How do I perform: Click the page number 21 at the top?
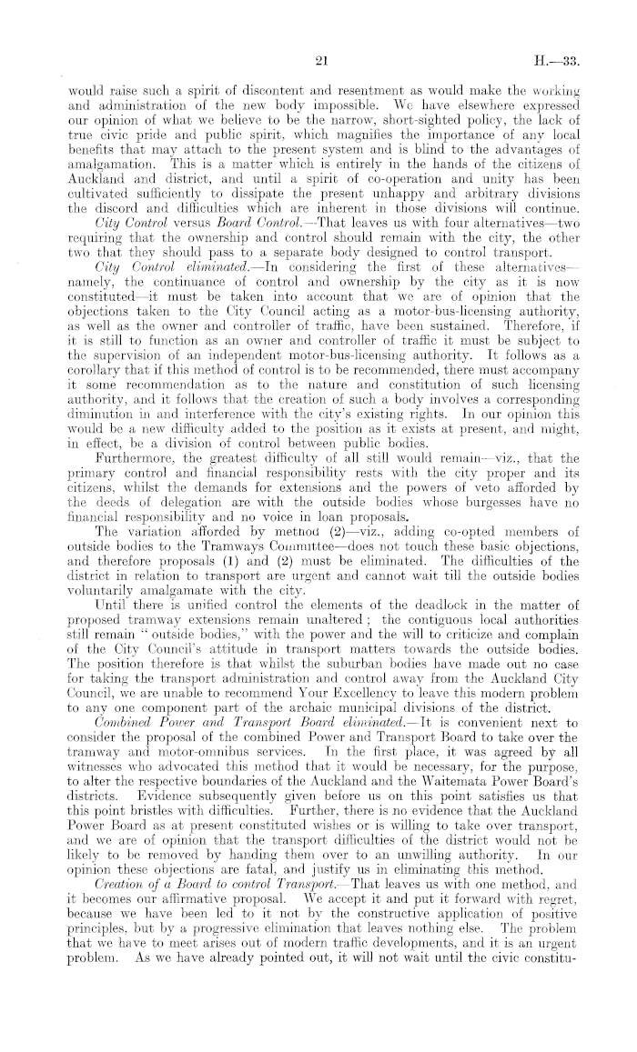tap(319, 63)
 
